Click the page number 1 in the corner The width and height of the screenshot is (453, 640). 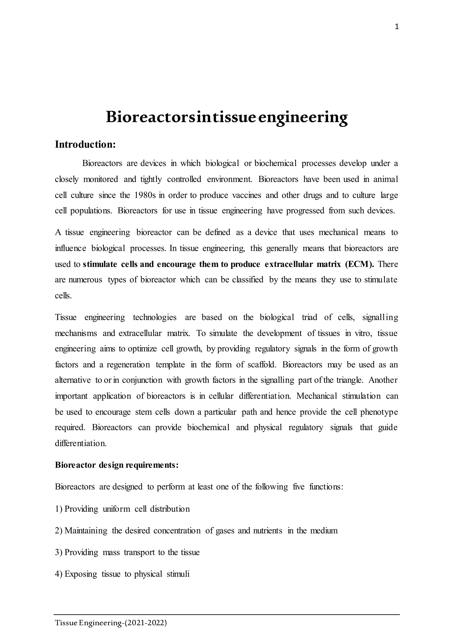coord(397,27)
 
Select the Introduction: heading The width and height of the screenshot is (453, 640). coord(85,144)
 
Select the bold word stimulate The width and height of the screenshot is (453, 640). coord(100,264)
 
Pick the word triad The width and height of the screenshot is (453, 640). coord(309,317)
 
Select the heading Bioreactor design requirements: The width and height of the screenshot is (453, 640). coord(117,465)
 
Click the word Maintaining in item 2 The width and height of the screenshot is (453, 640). coord(86,530)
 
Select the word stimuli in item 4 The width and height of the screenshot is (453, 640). coord(178,574)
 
